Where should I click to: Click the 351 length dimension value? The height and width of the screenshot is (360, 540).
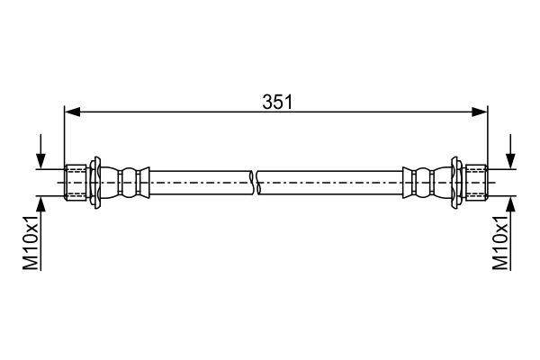pos(277,102)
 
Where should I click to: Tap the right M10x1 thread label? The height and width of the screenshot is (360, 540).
pos(500,242)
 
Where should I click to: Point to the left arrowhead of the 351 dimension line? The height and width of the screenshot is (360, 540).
pos(72,112)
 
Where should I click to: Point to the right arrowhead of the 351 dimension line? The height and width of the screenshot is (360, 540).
pos(480,112)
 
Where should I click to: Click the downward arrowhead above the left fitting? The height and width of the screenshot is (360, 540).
pos(41,161)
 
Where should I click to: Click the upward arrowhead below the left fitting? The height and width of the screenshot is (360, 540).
pos(41,204)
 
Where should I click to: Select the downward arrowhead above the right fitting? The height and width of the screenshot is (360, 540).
pos(510,161)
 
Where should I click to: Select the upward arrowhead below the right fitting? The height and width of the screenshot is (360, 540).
pos(510,204)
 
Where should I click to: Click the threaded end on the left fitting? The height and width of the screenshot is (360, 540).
pos(76,183)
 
